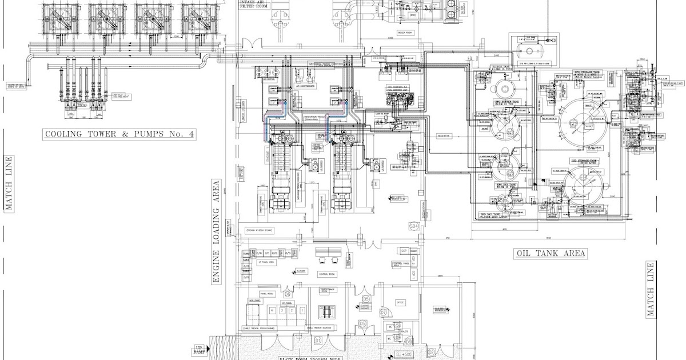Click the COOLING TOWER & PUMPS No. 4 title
(119, 135)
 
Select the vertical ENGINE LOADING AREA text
(216, 232)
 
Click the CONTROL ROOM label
(328, 274)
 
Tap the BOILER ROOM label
(405, 33)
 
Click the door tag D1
(318, 341)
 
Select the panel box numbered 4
(273, 310)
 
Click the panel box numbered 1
(301, 310)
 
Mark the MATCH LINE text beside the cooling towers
(9, 183)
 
